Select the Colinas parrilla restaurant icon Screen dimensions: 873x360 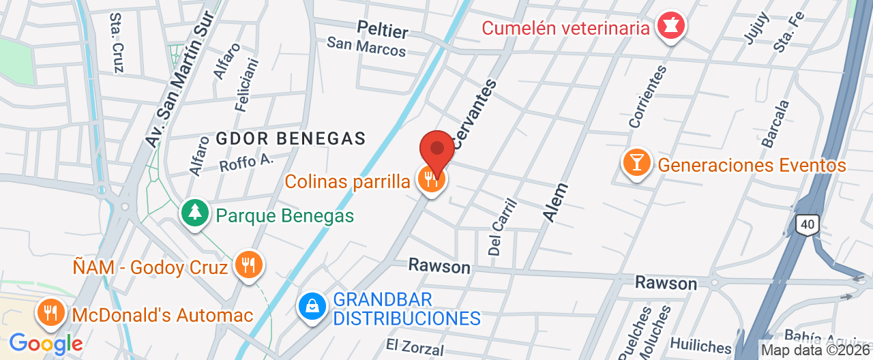click(x=431, y=179)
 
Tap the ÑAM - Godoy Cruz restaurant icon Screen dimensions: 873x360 click(x=248, y=265)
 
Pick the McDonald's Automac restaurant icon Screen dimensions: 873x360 click(x=50, y=314)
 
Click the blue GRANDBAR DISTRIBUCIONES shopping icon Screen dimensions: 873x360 click(x=312, y=306)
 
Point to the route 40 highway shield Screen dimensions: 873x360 click(x=808, y=224)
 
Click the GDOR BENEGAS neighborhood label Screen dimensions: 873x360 click(x=291, y=138)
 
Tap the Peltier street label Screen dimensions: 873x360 click(x=383, y=30)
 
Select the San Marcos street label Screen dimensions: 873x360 click(x=366, y=46)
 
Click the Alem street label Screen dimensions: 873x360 click(x=556, y=202)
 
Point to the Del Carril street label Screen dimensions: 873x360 click(x=503, y=227)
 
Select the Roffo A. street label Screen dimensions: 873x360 click(x=246, y=163)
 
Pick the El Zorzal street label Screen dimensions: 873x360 click(x=414, y=347)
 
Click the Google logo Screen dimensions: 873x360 click(x=46, y=344)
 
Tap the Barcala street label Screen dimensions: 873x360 click(x=775, y=124)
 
